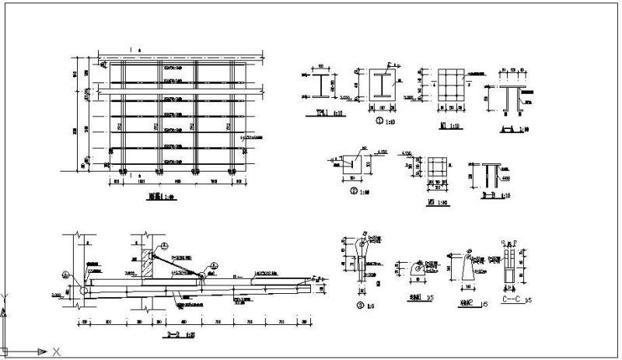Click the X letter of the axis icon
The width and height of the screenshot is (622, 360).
(56, 352)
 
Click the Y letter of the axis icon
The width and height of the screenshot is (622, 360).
(7, 296)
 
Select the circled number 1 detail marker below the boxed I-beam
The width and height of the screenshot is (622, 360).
(378, 122)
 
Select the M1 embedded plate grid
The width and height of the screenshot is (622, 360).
(448, 86)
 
